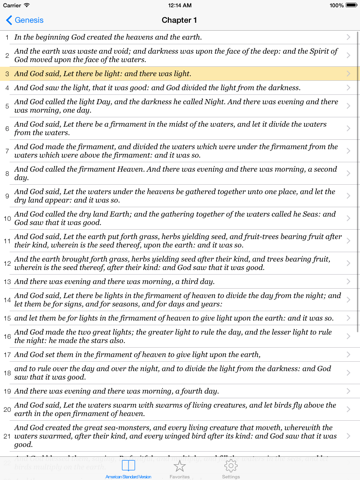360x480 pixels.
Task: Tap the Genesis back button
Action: (26, 19)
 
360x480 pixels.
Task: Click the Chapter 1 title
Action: (180, 19)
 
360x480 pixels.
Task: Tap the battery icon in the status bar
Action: (349, 5)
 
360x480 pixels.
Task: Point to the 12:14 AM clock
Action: (180, 5)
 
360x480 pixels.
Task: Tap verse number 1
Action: (7, 37)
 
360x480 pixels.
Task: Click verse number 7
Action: (7, 151)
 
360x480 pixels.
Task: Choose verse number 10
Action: (7, 217)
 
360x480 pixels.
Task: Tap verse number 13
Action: (7, 283)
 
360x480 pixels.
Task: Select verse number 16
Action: (7, 337)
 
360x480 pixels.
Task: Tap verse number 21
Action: (7, 436)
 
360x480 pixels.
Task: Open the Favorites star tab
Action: (180, 468)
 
